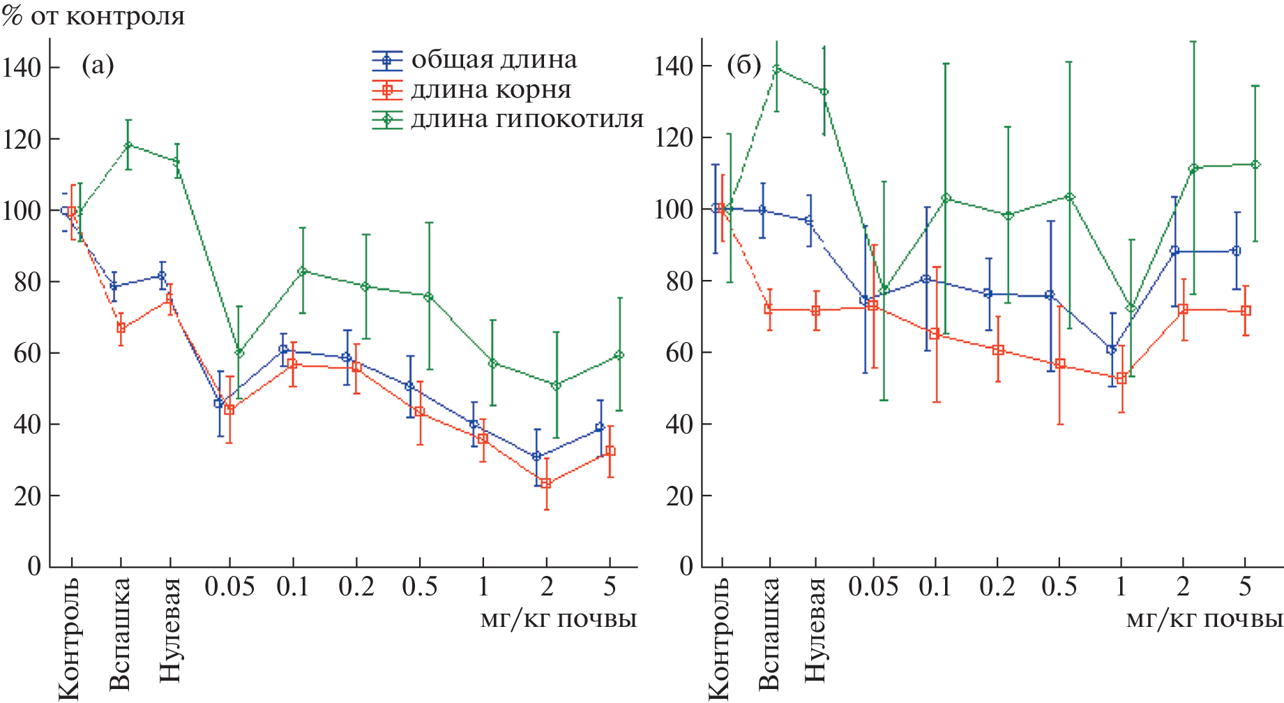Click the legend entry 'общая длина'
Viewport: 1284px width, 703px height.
tap(494, 60)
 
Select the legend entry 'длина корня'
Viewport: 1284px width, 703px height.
tap(491, 90)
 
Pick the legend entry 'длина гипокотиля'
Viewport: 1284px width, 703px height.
tap(527, 119)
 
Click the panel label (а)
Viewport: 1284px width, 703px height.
tap(98, 66)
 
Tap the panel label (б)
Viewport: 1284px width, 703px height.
tap(743, 66)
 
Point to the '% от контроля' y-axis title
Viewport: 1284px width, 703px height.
tap(93, 15)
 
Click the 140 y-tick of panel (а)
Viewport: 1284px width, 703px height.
tap(22, 68)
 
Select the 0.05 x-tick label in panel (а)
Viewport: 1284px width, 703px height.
tap(229, 587)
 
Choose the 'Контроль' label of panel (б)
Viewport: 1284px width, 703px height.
tap(719, 638)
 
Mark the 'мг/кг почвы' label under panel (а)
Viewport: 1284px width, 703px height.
tap(558, 619)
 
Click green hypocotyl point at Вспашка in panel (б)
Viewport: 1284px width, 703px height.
tap(776, 68)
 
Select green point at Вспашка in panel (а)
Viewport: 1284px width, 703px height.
tap(128, 145)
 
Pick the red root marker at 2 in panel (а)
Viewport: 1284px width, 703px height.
tap(546, 483)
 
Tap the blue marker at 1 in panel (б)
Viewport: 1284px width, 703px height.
tap(1112, 349)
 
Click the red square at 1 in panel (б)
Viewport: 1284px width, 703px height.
tap(1121, 378)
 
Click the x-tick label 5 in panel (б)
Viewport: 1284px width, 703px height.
tap(1245, 587)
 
